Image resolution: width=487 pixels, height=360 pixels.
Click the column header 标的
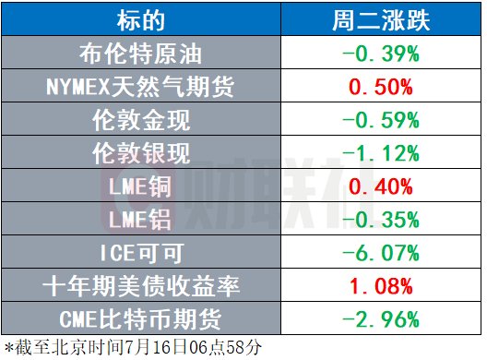coord(141,20)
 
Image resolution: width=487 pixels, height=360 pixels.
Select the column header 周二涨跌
coord(381,20)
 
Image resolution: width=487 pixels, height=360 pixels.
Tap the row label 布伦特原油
coord(141,54)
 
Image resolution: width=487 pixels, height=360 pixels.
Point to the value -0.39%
coord(381,54)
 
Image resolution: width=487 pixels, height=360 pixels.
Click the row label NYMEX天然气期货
coord(140,87)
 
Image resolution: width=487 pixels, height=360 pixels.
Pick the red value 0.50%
coord(381,87)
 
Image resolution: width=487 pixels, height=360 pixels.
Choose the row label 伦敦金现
coord(141,120)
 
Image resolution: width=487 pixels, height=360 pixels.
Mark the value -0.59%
coord(381,120)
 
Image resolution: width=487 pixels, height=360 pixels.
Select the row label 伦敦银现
coord(141,153)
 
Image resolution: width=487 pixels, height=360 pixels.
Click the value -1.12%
coord(381,153)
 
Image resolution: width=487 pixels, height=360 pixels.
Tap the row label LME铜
coord(140,186)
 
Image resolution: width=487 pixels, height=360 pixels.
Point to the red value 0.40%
coord(381,186)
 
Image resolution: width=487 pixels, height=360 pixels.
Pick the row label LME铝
coord(140,220)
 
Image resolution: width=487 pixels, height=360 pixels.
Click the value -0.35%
coord(381,220)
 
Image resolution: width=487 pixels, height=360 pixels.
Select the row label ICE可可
coord(142,253)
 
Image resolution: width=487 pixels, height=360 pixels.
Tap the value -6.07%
coord(381,253)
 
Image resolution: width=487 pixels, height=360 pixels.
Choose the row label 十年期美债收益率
coord(141,286)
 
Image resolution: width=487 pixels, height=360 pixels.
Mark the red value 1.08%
coord(381,286)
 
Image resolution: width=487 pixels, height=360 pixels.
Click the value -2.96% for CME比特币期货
coord(381,319)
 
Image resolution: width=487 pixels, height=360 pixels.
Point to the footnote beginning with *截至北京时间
coord(133,347)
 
